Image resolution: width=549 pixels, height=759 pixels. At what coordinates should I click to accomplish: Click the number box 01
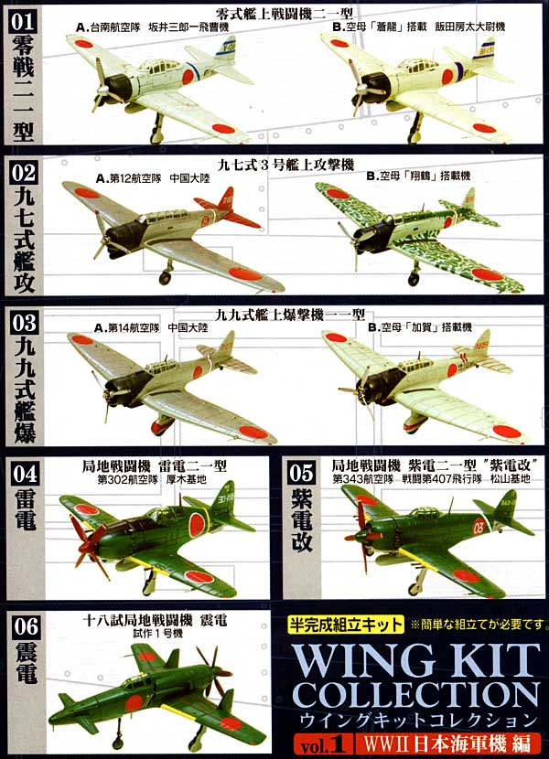pyautogui.click(x=22, y=21)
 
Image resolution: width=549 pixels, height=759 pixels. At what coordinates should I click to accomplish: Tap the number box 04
pyautogui.click(x=26, y=474)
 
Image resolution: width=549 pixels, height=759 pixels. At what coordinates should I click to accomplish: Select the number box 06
pyautogui.click(x=26, y=626)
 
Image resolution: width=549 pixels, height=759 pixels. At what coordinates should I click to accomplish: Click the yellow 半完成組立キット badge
pyautogui.click(x=345, y=625)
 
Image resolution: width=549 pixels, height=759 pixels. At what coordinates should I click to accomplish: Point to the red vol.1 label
pyautogui.click(x=322, y=744)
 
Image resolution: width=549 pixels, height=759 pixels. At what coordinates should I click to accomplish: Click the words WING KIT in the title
pyautogui.click(x=415, y=661)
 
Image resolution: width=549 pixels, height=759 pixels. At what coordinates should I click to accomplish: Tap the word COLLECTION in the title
pyautogui.click(x=415, y=696)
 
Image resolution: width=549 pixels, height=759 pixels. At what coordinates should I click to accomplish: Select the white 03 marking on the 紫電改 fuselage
pyautogui.click(x=479, y=527)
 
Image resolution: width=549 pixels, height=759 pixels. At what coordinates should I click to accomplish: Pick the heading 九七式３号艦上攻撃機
pyautogui.click(x=285, y=166)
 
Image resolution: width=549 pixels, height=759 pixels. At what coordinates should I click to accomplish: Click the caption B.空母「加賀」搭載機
pyautogui.click(x=420, y=327)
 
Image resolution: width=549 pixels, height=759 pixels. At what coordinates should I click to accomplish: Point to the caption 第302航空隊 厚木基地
pyautogui.click(x=152, y=479)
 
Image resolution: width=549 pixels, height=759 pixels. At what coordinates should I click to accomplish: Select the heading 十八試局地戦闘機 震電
pyautogui.click(x=155, y=620)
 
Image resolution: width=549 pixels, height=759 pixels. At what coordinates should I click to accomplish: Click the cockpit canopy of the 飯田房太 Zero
pyautogui.click(x=415, y=65)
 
